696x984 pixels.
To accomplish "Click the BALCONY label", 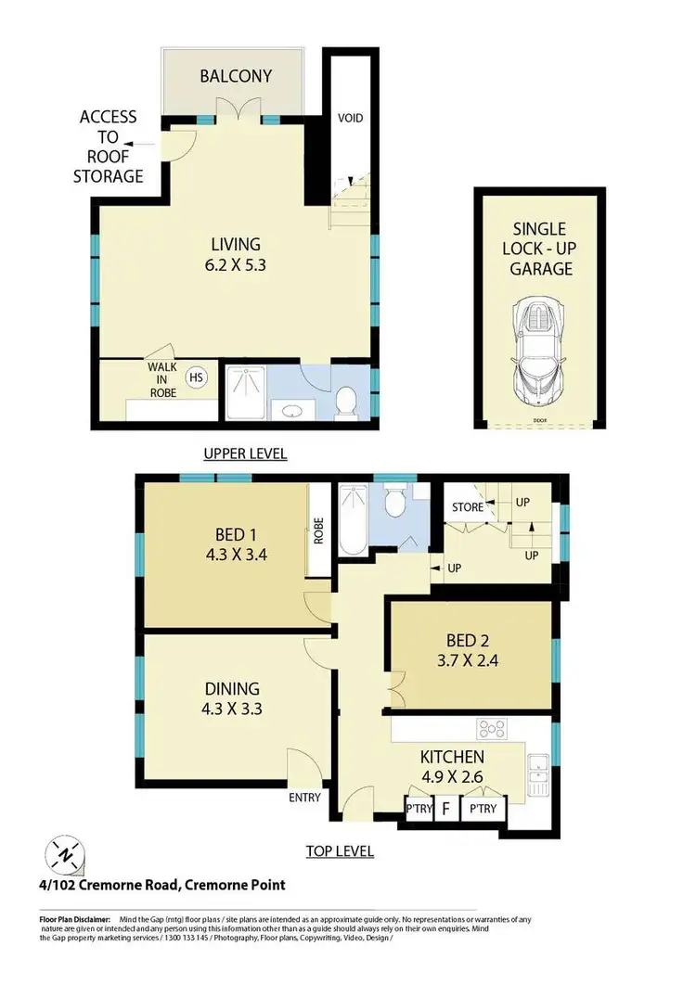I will click(237, 75).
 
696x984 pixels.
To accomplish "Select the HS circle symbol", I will click(197, 377).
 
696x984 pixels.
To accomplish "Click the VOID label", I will click(350, 118).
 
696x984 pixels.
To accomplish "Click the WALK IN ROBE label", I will click(161, 378).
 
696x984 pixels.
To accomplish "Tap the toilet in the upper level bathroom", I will click(346, 400).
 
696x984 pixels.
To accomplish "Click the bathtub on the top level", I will click(353, 524).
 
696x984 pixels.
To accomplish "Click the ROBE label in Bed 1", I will click(317, 530).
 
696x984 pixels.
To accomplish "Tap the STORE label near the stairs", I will click(467, 507).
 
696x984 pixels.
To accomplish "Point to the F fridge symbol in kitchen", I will click(445, 809).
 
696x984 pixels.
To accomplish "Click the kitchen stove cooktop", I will click(489, 726).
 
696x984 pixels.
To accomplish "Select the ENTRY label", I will click(305, 797).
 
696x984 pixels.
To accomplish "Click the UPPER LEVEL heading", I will click(245, 454).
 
